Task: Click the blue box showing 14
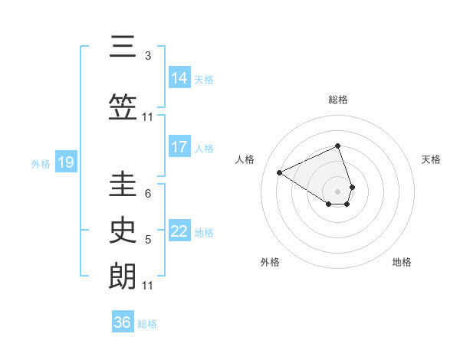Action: (179, 77)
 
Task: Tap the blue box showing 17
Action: (179, 147)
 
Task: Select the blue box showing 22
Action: (179, 231)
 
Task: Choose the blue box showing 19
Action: (65, 162)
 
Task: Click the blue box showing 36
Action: (123, 322)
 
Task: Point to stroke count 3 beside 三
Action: (148, 56)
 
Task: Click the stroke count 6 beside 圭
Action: (148, 194)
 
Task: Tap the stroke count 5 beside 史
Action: (148, 240)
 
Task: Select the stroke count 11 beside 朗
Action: (148, 286)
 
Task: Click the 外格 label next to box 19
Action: (41, 163)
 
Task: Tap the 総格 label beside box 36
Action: (147, 324)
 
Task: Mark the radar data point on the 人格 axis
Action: (280, 173)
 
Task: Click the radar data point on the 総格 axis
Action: (337, 146)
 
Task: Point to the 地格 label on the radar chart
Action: (402, 262)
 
